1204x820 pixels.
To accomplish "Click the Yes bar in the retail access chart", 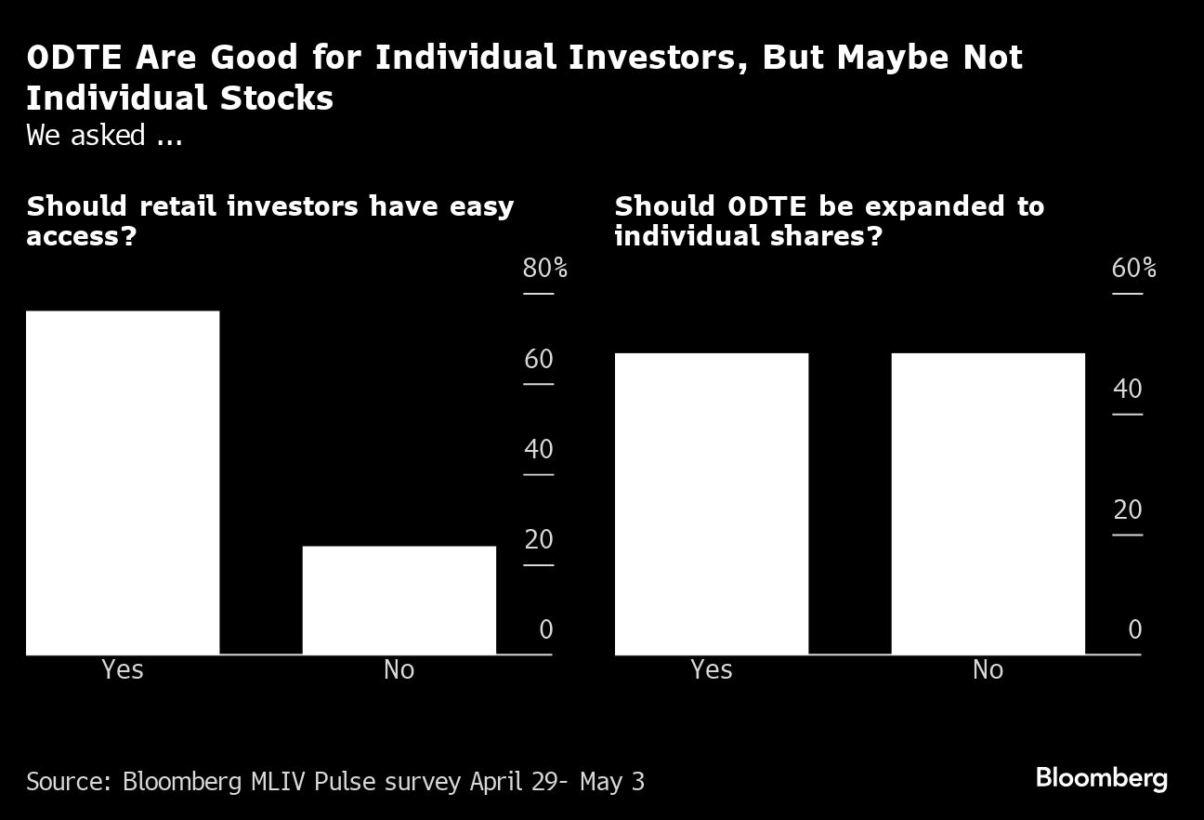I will click(123, 483).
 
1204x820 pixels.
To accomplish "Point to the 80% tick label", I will click(544, 270).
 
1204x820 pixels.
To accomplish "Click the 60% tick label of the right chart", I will click(1133, 270).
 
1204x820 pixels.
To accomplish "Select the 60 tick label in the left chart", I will click(539, 360).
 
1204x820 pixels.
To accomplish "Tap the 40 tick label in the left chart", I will click(539, 450).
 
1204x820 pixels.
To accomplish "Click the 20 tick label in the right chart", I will click(1128, 510).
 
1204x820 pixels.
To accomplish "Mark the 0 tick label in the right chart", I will click(1134, 630).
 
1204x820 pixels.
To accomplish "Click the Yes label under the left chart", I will click(123, 670).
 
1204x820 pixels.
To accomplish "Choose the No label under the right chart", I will click(988, 670).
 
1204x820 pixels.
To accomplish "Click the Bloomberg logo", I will click(1101, 778).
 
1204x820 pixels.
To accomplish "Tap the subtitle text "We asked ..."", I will click(103, 136).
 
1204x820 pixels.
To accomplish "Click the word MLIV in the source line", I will click(276, 781).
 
